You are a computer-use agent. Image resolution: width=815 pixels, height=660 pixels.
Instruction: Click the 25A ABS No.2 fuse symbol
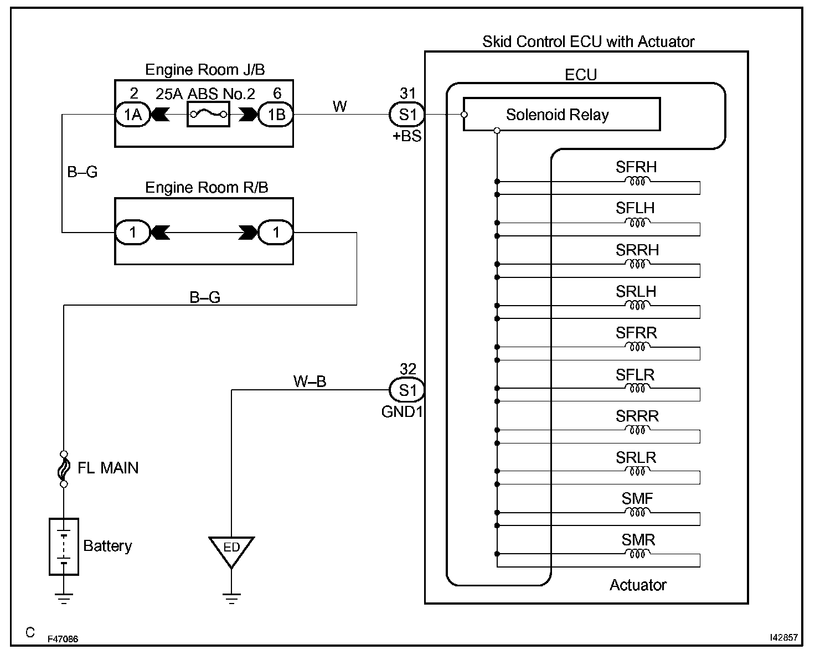208,115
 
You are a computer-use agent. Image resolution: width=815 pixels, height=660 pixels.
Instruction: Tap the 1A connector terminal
132,115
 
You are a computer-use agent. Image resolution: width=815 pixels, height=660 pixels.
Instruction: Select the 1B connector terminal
276,115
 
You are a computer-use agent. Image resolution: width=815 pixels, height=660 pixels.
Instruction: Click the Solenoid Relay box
561,115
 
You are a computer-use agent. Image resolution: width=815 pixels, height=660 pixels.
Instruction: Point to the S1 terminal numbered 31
407,115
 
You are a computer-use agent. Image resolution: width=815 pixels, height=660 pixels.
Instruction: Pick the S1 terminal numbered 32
407,390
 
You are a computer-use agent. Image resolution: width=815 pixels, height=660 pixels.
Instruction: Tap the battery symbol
64,546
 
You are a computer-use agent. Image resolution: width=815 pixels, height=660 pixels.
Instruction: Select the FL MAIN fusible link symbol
64,468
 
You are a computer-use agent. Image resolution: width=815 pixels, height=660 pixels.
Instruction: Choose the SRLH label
636,291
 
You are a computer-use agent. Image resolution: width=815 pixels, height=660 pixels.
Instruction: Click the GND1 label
402,412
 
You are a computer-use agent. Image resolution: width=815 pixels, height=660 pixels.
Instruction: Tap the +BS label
407,136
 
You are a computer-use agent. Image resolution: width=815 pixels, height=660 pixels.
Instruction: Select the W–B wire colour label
310,381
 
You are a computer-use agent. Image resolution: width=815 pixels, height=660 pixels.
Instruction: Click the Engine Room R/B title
207,188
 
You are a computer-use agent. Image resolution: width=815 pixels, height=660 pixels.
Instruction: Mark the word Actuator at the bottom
638,585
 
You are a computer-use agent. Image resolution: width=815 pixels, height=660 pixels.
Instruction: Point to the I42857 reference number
783,638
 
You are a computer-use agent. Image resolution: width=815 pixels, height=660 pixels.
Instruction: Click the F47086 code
63,639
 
